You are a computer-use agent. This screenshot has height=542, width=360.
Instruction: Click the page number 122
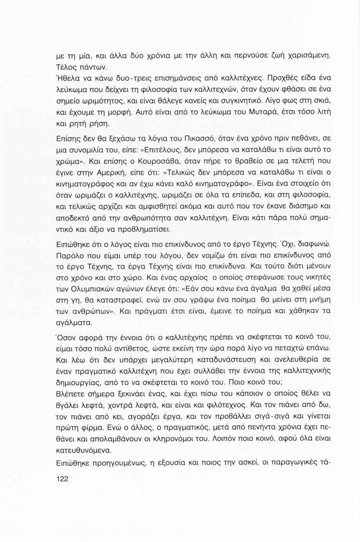[x=62, y=479]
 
